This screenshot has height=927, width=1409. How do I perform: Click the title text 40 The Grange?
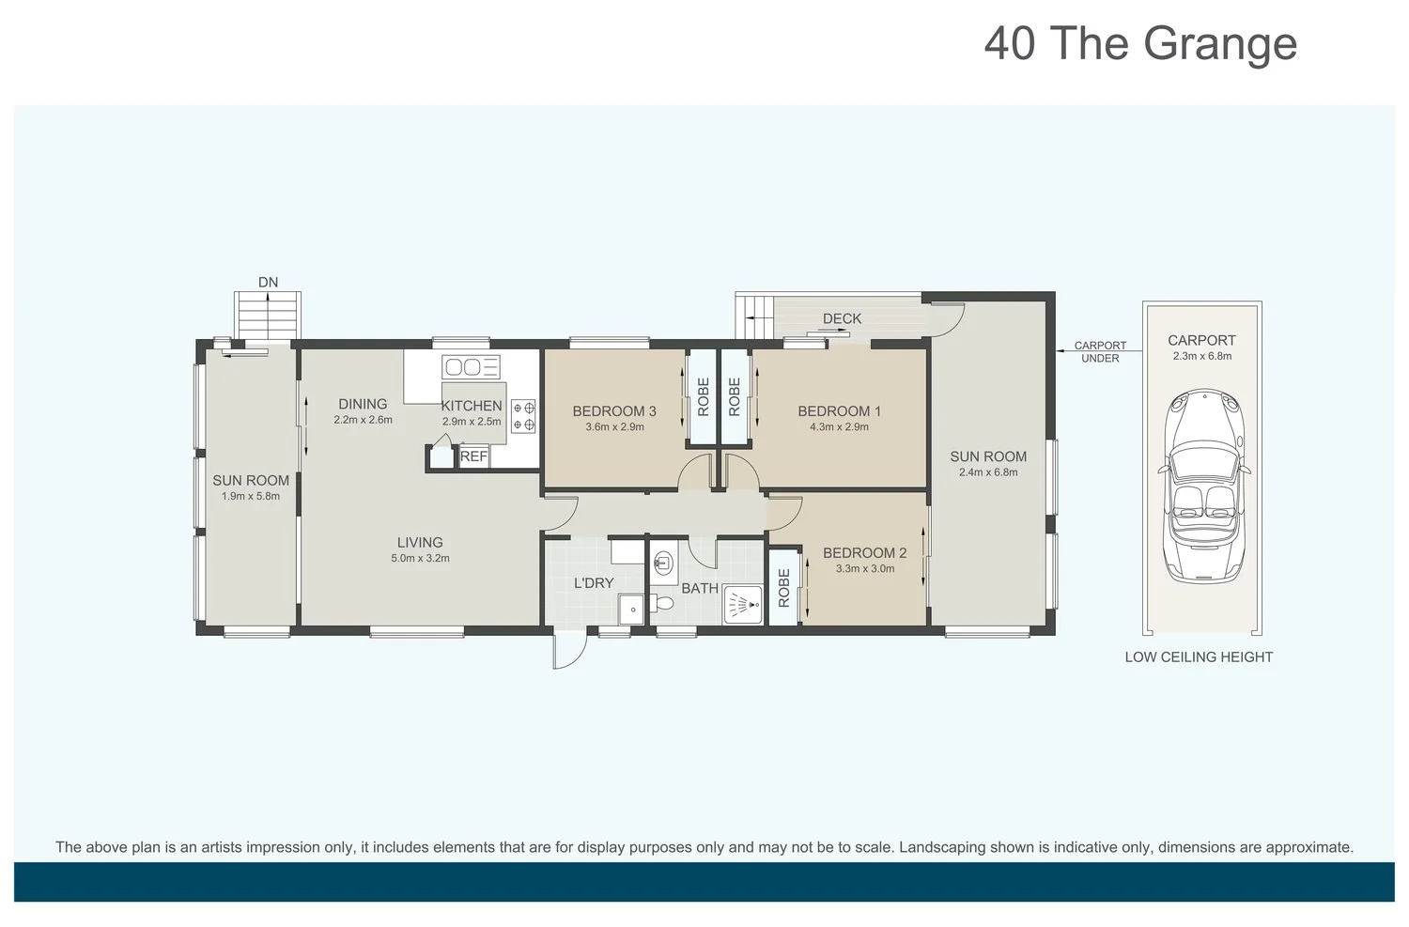click(1140, 45)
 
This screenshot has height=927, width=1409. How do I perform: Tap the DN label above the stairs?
click(268, 283)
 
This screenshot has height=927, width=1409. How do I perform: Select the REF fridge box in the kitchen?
click(473, 456)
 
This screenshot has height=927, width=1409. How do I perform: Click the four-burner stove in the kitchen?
click(523, 416)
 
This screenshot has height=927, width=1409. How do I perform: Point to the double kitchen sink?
click(471, 366)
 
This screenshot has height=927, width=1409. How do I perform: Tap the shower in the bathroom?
click(743, 604)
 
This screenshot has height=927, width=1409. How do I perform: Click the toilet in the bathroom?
click(661, 604)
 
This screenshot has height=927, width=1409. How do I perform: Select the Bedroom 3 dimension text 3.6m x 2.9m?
click(614, 427)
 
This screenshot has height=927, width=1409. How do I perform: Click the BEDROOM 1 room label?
click(839, 411)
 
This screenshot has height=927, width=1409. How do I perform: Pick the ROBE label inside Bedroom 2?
click(783, 588)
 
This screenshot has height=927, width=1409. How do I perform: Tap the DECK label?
click(842, 318)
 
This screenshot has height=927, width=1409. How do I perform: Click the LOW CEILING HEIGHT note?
click(1199, 657)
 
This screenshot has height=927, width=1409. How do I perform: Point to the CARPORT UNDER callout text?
click(1100, 352)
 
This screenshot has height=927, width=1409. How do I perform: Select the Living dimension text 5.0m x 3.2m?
click(420, 559)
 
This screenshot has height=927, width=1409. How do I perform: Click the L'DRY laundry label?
click(593, 583)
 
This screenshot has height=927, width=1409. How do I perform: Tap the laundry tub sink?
click(631, 609)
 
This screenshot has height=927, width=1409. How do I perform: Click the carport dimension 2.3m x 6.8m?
click(1202, 356)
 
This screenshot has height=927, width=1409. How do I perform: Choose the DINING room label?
click(363, 404)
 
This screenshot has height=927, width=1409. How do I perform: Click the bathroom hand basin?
click(663, 561)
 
